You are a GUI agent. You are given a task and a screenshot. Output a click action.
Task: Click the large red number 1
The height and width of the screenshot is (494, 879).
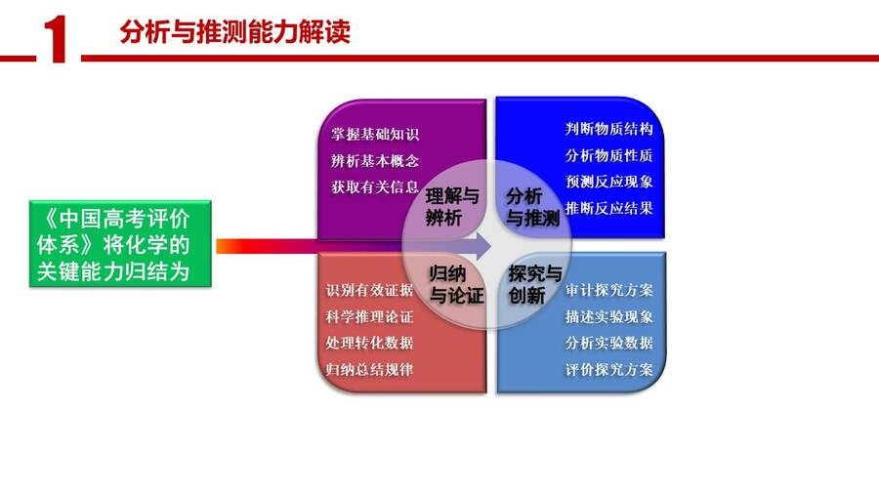56,38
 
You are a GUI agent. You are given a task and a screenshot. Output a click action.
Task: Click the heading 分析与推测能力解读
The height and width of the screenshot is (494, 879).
234,31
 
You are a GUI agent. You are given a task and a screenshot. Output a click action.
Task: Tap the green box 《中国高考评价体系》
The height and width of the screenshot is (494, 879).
120,244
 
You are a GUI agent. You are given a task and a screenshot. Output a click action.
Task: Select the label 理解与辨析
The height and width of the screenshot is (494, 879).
452,207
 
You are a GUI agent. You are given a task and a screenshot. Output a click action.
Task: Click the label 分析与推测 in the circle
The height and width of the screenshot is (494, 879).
532,207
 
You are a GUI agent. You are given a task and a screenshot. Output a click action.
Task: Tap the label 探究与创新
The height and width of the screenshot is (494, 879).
535,284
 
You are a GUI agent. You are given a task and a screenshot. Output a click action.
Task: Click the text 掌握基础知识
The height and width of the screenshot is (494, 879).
374,135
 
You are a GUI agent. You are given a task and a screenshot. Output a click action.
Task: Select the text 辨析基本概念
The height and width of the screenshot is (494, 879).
374,161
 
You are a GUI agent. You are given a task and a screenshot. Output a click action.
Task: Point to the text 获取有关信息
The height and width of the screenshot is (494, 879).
374,187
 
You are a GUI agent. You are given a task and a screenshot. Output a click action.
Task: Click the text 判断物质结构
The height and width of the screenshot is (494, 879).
608,129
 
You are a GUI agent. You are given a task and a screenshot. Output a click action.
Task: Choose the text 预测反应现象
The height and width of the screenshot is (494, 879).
608,182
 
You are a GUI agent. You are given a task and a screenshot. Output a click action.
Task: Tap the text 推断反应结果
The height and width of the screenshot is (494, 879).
608,208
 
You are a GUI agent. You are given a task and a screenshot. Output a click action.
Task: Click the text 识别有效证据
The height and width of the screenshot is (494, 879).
369,290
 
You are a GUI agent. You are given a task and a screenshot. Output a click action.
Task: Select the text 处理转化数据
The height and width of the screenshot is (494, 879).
369,343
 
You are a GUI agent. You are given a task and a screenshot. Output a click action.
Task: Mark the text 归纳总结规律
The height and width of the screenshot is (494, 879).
369,370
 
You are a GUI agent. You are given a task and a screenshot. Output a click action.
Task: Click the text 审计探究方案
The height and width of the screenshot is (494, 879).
608,290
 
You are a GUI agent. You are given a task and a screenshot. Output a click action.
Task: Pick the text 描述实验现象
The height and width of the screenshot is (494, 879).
608,316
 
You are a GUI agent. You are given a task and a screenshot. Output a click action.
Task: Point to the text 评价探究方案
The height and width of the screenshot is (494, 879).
608,370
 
